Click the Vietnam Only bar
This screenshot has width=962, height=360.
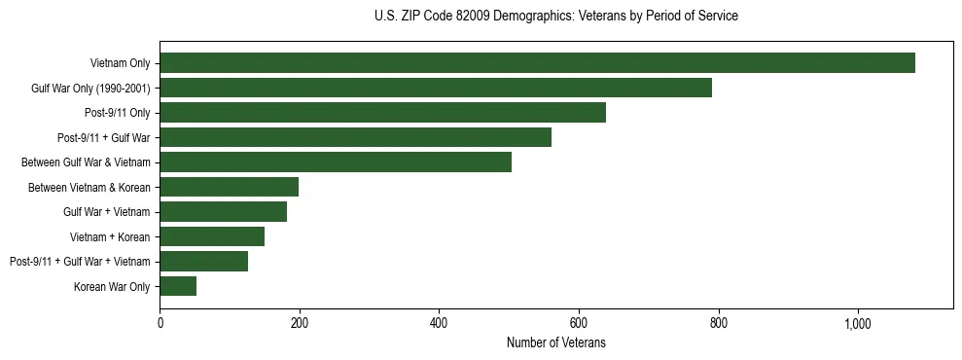tap(537, 63)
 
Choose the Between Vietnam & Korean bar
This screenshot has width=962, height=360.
tap(229, 187)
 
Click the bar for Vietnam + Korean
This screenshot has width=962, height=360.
tap(212, 236)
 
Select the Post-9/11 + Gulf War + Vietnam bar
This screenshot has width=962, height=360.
tap(203, 261)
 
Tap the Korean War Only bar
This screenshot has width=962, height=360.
tap(178, 286)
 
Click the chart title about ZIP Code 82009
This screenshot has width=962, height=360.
tap(555, 17)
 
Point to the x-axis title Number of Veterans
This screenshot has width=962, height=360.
tap(555, 342)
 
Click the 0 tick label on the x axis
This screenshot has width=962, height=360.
tap(160, 323)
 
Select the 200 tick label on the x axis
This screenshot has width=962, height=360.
tap(300, 323)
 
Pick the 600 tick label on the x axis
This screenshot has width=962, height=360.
tap(579, 323)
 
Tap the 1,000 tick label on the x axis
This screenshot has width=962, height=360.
tap(858, 323)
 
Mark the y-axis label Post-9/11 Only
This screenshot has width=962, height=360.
tap(117, 113)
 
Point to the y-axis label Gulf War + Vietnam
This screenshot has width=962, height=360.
tap(107, 211)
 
